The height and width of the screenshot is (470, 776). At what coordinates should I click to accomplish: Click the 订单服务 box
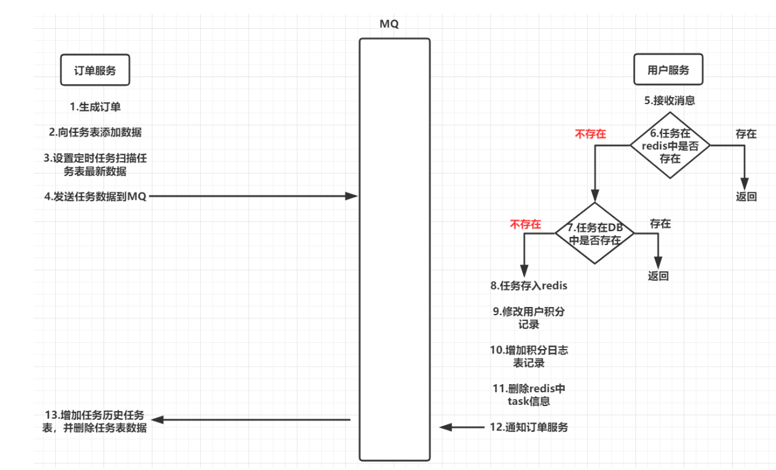click(x=95, y=70)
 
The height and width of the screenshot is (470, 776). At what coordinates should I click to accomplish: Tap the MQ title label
click(x=389, y=24)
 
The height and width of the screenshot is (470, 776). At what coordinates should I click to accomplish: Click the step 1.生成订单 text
click(x=95, y=107)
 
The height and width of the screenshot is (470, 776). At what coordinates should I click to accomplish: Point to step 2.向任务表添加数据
click(x=95, y=132)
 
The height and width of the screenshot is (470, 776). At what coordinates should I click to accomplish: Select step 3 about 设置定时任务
click(x=95, y=165)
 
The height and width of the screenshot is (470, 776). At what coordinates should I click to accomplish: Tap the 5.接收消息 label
click(x=669, y=100)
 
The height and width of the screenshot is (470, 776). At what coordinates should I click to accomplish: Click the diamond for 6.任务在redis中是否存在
click(x=670, y=145)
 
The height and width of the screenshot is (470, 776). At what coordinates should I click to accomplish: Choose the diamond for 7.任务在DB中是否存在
click(x=595, y=233)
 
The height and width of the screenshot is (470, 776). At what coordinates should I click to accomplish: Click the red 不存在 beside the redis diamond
click(x=590, y=133)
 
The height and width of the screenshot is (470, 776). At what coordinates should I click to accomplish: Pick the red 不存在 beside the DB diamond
click(x=525, y=224)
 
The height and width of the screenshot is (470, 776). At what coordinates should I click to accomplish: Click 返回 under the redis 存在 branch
click(x=746, y=196)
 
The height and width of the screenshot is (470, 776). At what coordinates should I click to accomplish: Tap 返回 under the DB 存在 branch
click(x=658, y=276)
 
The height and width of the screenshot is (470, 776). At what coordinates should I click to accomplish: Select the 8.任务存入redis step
click(x=529, y=286)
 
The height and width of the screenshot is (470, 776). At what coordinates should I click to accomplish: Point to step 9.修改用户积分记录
click(x=529, y=318)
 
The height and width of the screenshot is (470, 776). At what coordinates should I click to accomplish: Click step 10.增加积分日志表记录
click(x=529, y=357)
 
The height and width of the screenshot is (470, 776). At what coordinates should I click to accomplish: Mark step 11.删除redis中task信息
click(x=529, y=395)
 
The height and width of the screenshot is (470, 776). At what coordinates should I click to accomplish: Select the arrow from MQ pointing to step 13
click(x=251, y=419)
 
